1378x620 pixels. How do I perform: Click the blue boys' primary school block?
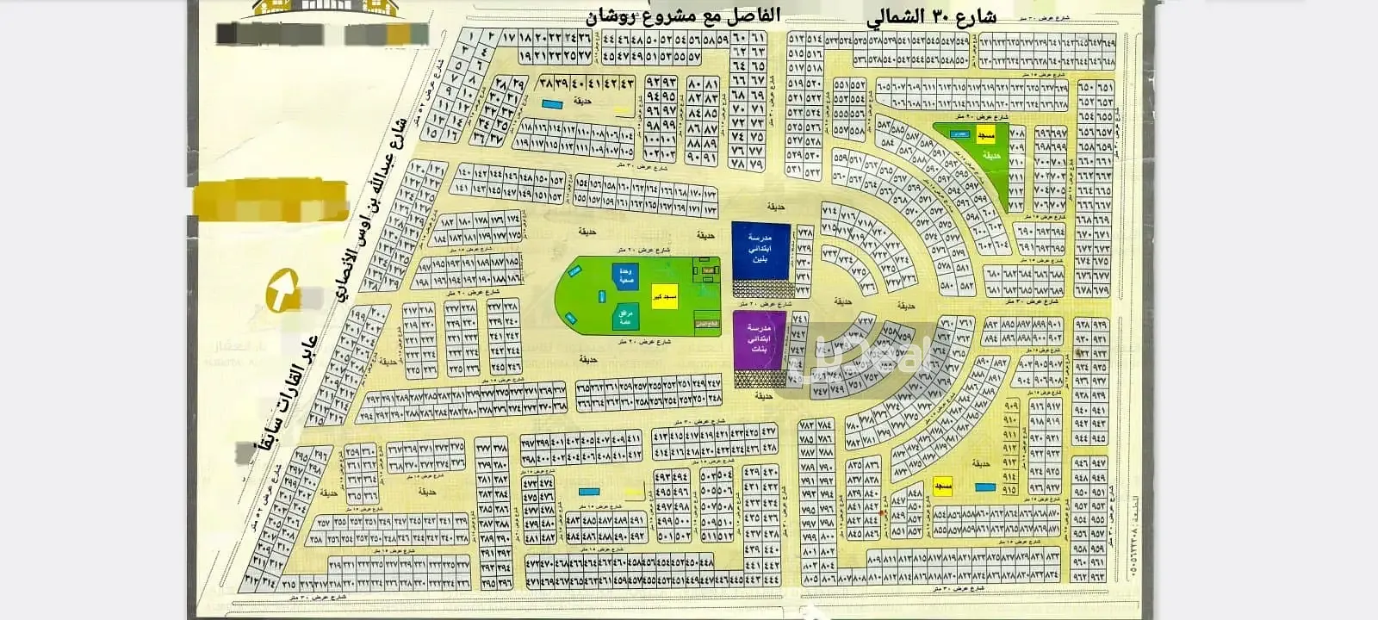[x=760, y=251]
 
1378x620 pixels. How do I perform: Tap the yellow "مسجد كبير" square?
[x=664, y=296]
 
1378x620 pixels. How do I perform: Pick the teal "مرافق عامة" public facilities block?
[x=626, y=319]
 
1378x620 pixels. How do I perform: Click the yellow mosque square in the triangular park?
[x=985, y=136]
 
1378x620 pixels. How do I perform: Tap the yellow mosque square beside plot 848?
[x=942, y=488]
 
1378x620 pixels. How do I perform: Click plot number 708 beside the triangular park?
[x=1016, y=133]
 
